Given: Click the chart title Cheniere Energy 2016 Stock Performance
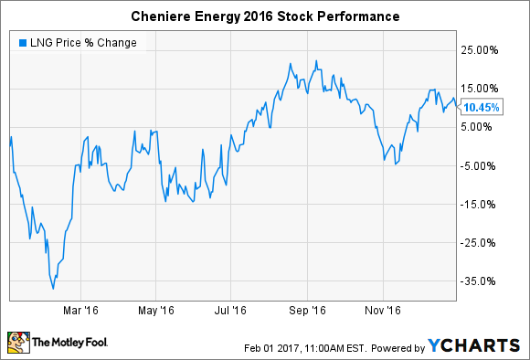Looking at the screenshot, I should (264, 16).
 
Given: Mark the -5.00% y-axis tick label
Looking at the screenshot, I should (482, 165).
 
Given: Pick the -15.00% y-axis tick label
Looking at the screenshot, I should (481, 204).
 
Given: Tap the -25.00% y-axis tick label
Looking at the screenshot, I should (481, 242).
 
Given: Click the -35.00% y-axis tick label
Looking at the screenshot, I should (481, 281).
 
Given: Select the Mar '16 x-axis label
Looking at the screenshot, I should (80, 311).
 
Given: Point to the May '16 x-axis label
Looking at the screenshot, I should (157, 311).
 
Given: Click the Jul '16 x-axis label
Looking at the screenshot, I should (233, 311).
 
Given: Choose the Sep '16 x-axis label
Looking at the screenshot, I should (309, 311).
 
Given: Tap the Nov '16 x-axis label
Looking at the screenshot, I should (385, 311).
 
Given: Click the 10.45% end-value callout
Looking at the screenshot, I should (481, 106).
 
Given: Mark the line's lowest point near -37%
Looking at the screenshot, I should (53, 289).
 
